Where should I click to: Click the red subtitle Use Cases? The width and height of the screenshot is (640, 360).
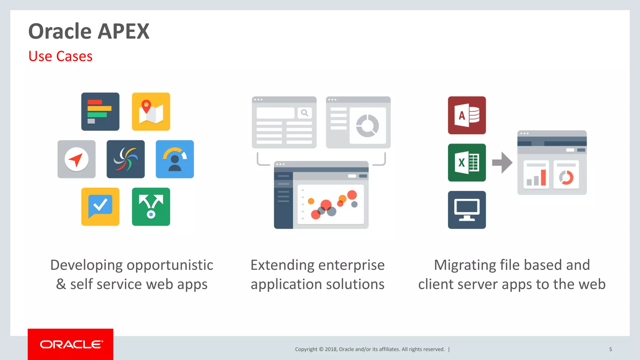[x=60, y=56]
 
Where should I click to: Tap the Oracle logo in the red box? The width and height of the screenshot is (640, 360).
[x=71, y=344]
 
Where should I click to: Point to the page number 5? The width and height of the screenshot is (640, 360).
[x=610, y=349]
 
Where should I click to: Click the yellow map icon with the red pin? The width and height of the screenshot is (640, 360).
[x=151, y=112]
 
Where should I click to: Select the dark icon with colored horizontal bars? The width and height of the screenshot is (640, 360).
[x=100, y=112]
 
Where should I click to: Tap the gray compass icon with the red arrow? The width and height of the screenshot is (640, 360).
[x=77, y=159]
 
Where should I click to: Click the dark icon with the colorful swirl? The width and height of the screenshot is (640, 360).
[x=126, y=159]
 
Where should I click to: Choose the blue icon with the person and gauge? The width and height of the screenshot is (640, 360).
[x=175, y=159]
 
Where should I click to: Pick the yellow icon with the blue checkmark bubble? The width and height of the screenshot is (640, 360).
[x=100, y=207]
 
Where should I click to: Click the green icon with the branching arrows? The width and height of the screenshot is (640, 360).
[x=151, y=207]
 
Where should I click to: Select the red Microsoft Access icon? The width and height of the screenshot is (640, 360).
[x=467, y=115]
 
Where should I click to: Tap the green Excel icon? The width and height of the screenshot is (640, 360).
[x=467, y=162]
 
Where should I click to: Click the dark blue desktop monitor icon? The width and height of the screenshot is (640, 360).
[x=467, y=210]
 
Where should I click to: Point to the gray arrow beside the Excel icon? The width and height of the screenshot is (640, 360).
[x=502, y=162]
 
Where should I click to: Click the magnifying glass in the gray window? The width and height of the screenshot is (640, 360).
[x=304, y=113]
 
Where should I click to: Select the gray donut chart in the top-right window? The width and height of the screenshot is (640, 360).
[x=367, y=126]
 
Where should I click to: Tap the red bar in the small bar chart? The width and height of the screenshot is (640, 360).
[x=543, y=177]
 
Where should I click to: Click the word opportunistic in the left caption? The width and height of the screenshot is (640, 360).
[x=170, y=265]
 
